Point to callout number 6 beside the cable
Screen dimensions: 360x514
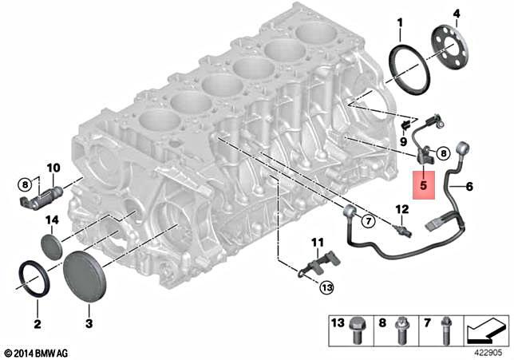coord(469,186)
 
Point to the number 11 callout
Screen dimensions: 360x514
coord(317,242)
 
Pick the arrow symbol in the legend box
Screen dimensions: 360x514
coord(486,326)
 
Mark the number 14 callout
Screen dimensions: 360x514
coord(52,220)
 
